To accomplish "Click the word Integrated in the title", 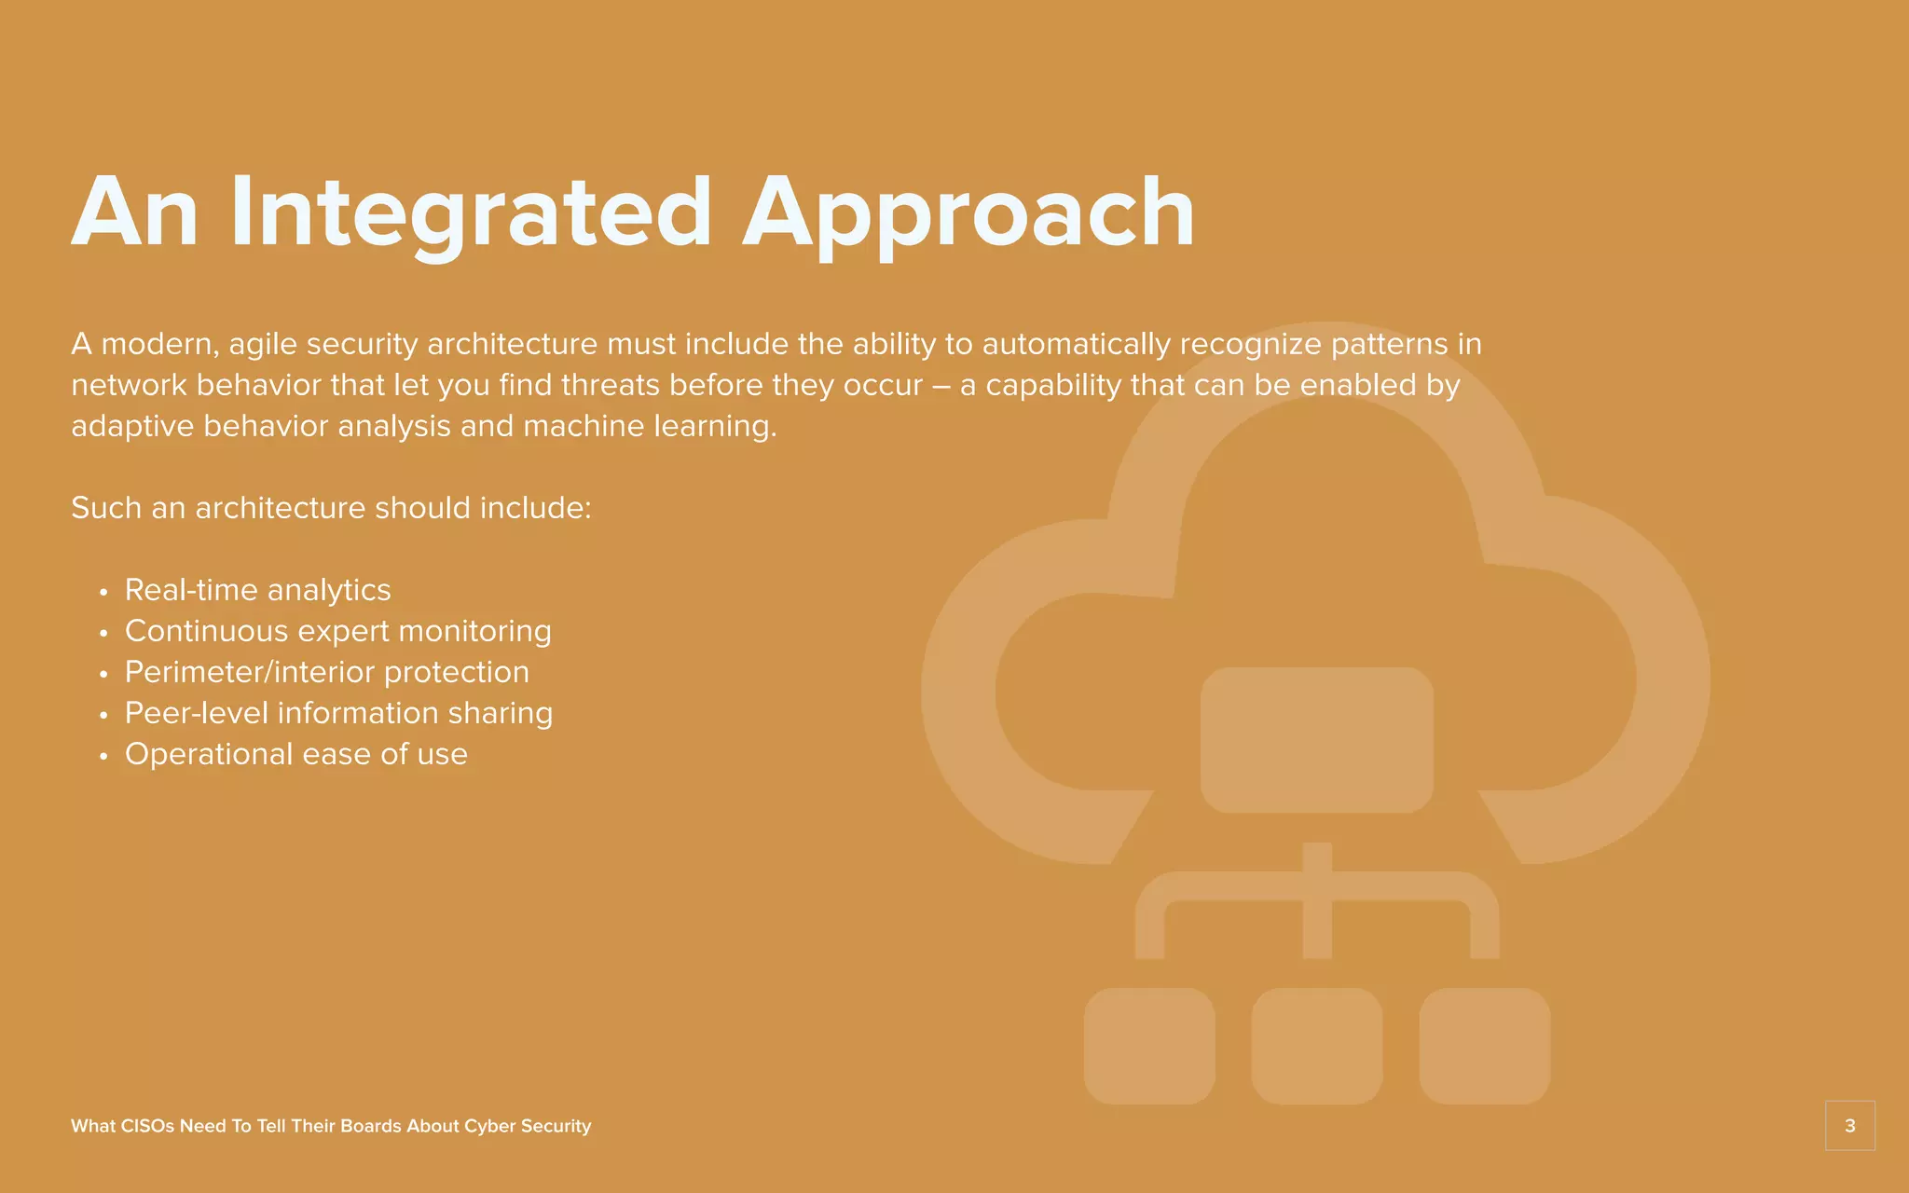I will pos(471,213).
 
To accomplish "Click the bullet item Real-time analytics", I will pos(257,590).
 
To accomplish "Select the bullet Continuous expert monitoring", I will pos(337,631).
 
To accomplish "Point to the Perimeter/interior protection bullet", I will pos(326,672).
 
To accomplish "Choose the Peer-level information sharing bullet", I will pos(338,713).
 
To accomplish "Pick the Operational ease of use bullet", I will pos(295,754).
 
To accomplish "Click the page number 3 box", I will pos(1849,1126).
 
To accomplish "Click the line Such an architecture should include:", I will pos(331,508).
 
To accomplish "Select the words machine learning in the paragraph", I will pos(649,427).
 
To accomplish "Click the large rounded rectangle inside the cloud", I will pos(1316,740).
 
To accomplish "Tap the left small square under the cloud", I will pos(1149,1046).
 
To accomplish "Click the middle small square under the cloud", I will pos(1316,1046).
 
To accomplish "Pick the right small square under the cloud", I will pos(1484,1046).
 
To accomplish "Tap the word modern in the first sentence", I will pos(158,345).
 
